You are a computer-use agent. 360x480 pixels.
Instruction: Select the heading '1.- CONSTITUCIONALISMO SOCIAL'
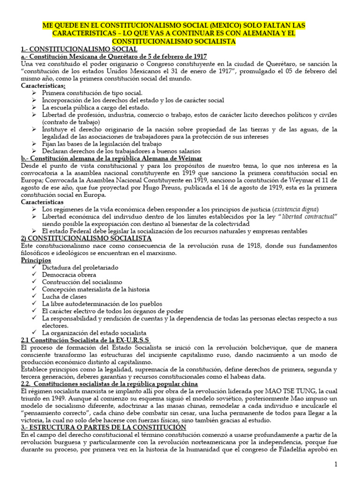(79, 49)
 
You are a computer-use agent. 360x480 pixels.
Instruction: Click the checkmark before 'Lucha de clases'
(35, 297)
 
